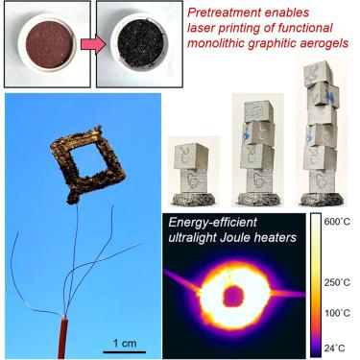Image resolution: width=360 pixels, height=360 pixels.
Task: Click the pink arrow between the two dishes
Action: [93, 44]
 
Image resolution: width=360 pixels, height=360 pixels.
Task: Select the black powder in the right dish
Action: [139, 44]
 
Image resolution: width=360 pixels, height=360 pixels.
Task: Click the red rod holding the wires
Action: [62, 338]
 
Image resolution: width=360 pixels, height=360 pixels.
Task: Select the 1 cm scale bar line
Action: [125, 352]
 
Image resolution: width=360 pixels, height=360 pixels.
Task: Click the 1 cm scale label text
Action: [125, 344]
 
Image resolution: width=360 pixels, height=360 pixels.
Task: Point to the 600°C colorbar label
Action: [337, 222]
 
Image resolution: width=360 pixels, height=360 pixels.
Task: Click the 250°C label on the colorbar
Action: [337, 282]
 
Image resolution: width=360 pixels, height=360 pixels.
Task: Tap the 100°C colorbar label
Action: [337, 313]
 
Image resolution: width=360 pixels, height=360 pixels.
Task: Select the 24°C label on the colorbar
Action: [335, 348]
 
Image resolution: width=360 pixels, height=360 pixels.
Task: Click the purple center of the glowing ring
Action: [233, 296]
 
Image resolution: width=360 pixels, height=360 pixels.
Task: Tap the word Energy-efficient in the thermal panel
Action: [212, 223]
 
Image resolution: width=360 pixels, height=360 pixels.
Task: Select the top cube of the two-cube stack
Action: [191, 156]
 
